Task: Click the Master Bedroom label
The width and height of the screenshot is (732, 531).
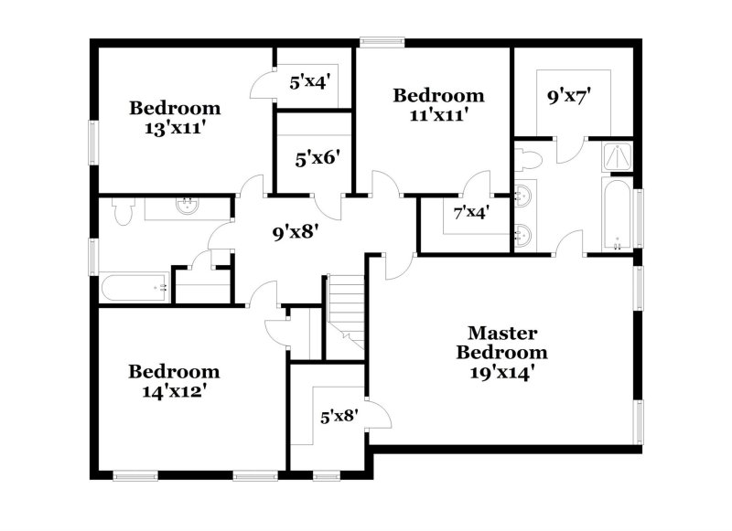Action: (502, 343)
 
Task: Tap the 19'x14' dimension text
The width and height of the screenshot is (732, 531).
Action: (502, 372)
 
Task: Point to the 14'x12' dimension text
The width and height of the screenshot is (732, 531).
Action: (174, 392)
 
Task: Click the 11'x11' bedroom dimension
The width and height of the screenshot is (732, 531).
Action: (438, 115)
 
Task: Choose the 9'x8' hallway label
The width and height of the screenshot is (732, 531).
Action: (296, 232)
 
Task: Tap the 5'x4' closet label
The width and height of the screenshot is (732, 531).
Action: (309, 82)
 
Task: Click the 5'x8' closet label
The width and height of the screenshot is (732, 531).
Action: (339, 416)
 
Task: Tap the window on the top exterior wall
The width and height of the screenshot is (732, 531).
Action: (382, 40)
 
